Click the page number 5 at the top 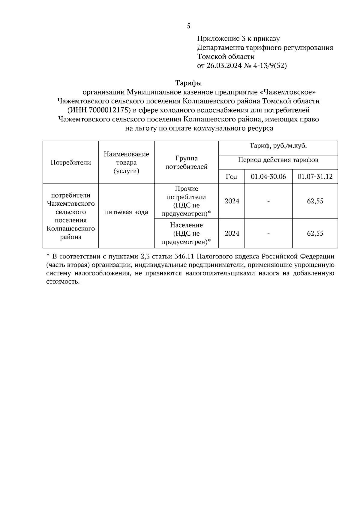[188, 26]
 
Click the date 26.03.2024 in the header [224, 66]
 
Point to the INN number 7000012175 [110, 110]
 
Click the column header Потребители [70, 162]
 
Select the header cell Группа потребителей [186, 162]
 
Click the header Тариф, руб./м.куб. [278, 146]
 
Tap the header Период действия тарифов [278, 160]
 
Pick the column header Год [231, 177]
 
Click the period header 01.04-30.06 [268, 177]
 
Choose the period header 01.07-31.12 [315, 177]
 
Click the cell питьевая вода [126, 212]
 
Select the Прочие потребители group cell [186, 201]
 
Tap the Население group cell [186, 234]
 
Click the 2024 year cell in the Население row [232, 234]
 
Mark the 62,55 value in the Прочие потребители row [315, 201]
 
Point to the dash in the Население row [268, 234]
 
